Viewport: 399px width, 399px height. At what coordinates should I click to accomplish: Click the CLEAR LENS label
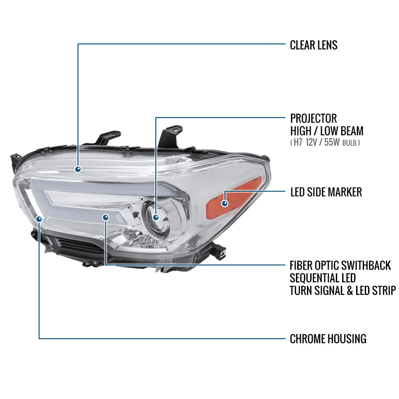click(x=314, y=45)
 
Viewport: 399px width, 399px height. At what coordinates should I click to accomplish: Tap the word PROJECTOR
click(x=314, y=118)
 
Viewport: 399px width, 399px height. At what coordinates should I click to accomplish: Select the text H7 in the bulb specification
click(x=298, y=142)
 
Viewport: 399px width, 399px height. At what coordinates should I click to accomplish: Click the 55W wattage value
click(x=332, y=142)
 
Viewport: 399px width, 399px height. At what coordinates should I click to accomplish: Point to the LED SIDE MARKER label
click(x=326, y=192)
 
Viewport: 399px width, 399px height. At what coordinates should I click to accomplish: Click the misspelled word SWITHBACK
click(x=366, y=265)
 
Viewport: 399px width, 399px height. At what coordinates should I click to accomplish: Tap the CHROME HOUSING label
click(x=328, y=339)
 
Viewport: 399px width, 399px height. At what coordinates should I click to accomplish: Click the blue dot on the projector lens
click(x=156, y=217)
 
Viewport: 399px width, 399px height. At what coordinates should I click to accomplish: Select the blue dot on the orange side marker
click(x=225, y=203)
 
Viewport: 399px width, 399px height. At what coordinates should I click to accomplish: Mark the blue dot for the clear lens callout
click(x=78, y=169)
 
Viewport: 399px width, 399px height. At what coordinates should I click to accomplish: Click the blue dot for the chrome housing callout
click(x=39, y=219)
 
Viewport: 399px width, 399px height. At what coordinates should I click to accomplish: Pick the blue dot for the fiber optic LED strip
click(x=106, y=217)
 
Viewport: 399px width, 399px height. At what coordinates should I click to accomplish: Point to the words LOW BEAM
click(x=342, y=131)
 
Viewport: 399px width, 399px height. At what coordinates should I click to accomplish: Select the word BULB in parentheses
click(x=349, y=143)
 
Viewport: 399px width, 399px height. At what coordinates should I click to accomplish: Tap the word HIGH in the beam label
click(x=301, y=131)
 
